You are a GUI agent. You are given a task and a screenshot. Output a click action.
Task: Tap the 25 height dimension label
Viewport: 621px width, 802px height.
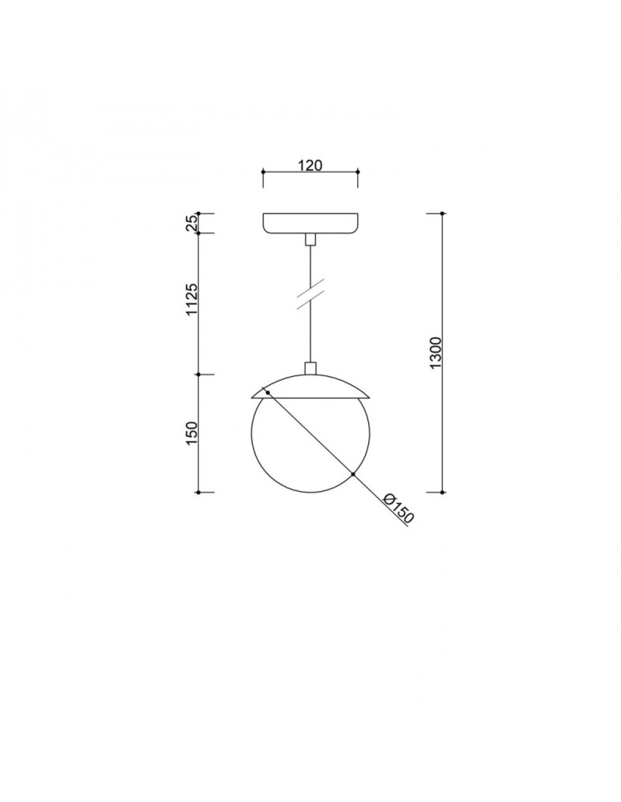(191, 224)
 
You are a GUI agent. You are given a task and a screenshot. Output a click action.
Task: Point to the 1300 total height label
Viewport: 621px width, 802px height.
(436, 353)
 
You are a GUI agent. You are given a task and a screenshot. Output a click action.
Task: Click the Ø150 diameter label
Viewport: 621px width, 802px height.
(397, 508)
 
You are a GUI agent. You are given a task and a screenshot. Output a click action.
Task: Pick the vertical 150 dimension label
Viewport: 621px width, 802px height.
(192, 433)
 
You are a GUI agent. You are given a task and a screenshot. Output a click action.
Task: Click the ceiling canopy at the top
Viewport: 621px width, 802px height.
(310, 224)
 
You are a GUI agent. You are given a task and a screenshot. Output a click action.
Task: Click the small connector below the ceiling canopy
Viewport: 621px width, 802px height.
(310, 240)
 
